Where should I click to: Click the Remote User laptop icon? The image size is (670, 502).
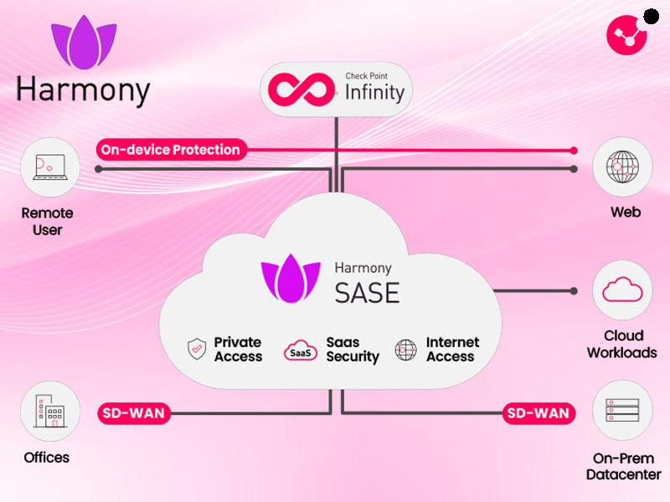pos(49,167)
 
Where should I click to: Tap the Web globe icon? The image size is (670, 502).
pos(622,167)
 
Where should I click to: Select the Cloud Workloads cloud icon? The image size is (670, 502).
pos(622,290)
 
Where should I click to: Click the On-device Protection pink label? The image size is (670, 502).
pos(171,151)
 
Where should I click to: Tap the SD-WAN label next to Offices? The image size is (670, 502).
pos(133,413)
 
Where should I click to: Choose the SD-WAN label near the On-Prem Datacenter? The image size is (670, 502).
pos(539,413)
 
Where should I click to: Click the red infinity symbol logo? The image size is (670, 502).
pos(302,90)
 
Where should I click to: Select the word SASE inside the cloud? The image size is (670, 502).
pos(367,293)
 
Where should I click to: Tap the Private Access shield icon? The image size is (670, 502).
pos(197,350)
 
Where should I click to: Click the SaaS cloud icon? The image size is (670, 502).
pos(301,351)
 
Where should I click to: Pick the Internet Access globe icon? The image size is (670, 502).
pos(406,350)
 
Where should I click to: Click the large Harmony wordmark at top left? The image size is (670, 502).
pos(83,90)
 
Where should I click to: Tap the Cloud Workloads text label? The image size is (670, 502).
pos(621,344)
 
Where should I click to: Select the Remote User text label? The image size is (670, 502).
pos(48,221)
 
